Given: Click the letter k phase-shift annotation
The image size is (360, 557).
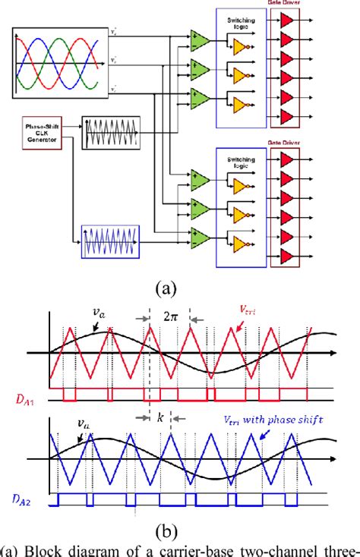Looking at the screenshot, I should click(160, 418).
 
